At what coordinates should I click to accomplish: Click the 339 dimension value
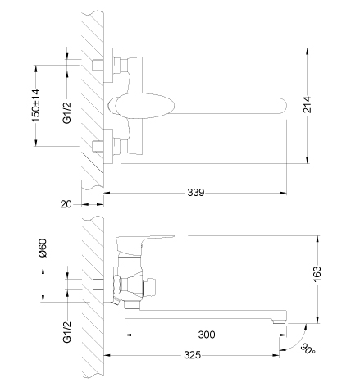click(x=196, y=193)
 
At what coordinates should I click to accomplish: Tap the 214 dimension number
click(x=308, y=104)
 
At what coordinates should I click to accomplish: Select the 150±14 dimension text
click(x=36, y=106)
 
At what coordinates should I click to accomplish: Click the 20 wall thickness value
click(x=66, y=204)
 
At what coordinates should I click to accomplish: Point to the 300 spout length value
click(x=207, y=335)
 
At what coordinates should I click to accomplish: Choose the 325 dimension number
click(x=192, y=355)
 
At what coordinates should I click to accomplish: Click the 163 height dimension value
click(x=317, y=274)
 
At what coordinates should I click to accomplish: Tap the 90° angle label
click(x=308, y=349)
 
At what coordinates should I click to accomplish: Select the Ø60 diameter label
click(x=43, y=248)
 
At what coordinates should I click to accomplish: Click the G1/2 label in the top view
click(x=66, y=112)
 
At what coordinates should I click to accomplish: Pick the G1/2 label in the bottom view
click(x=66, y=331)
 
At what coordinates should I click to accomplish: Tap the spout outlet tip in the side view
click(x=280, y=321)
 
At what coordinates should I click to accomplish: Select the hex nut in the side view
click(x=117, y=285)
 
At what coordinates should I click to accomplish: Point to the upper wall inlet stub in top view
click(x=98, y=65)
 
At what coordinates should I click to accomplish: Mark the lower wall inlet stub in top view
click(x=98, y=146)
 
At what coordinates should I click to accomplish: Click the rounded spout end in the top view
click(x=283, y=106)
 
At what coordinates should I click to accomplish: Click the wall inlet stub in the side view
click(x=98, y=285)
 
